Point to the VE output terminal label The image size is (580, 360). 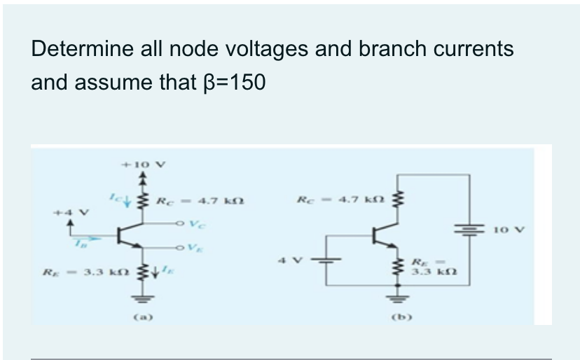click(x=183, y=249)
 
